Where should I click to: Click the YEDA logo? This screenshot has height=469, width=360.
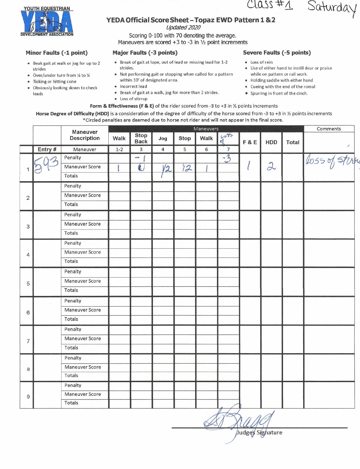click(47, 21)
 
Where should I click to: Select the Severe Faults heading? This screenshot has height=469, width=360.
click(277, 53)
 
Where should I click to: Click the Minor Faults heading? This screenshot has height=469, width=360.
click(57, 53)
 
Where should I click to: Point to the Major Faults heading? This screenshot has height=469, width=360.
click(145, 53)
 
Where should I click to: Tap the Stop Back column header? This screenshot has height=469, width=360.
click(141, 138)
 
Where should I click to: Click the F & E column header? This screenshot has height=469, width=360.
click(250, 142)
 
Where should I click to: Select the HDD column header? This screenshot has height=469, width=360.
click(271, 142)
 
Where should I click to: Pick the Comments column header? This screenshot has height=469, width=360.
click(329, 129)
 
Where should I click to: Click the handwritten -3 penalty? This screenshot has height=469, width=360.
click(227, 158)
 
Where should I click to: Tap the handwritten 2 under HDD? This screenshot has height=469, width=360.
click(271, 166)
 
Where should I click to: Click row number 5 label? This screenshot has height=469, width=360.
click(28, 283)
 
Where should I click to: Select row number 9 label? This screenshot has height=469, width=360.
click(28, 396)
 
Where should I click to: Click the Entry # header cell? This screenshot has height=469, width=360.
click(47, 149)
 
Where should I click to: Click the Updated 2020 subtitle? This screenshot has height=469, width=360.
click(183, 28)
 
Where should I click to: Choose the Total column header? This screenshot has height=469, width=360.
click(293, 142)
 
